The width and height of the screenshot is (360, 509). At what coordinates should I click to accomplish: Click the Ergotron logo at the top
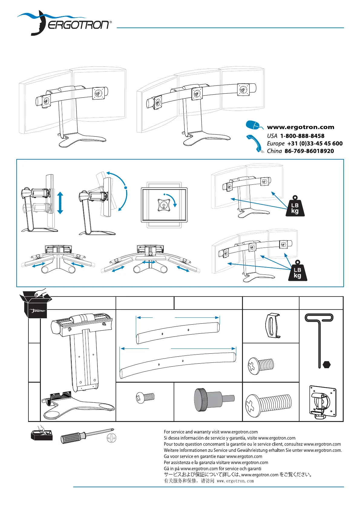pyautogui.click(x=64, y=23)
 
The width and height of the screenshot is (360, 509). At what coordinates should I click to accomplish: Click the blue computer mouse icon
pyautogui.click(x=254, y=125)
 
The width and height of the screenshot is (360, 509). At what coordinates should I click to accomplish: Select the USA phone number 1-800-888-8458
pyautogui.click(x=302, y=136)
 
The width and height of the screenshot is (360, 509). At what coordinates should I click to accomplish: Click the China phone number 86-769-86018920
pyautogui.click(x=309, y=151)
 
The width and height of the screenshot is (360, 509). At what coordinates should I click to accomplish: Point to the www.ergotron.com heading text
pyautogui.click(x=301, y=127)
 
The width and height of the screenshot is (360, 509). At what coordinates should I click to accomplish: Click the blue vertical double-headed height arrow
pyautogui.click(x=60, y=203)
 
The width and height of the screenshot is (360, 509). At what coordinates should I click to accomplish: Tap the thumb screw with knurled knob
pyautogui.click(x=214, y=400)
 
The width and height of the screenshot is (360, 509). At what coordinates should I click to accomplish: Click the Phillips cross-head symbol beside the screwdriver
pyautogui.click(x=111, y=438)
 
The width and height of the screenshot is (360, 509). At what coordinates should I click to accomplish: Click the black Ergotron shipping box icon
pyautogui.click(x=35, y=303)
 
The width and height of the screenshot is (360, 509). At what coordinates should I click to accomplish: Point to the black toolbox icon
pyautogui.click(x=41, y=433)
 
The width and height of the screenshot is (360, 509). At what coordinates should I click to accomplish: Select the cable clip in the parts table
pyautogui.click(x=273, y=326)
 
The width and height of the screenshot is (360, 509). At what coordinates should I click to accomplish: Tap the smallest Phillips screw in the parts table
pyautogui.click(x=145, y=398)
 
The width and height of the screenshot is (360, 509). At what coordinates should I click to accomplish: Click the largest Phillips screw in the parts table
pyautogui.click(x=268, y=406)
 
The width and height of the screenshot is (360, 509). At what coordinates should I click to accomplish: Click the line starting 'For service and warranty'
pyautogui.click(x=211, y=432)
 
